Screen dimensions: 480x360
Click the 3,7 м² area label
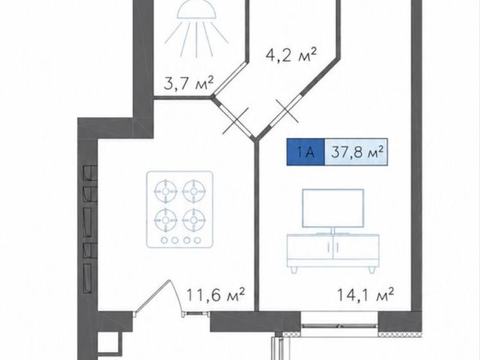pos(189,83)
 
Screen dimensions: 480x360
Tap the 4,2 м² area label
pos(291,55)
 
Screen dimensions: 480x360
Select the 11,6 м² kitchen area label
pos(215,295)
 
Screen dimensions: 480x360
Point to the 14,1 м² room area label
pos(365,295)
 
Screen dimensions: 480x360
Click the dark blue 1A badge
pos(305,153)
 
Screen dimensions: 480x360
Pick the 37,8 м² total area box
pos(356,153)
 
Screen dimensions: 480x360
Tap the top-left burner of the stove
pos(165,191)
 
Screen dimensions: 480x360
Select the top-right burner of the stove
pos(194,191)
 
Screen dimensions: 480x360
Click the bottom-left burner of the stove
pos(165,219)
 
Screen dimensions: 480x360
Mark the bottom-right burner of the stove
pos(194,219)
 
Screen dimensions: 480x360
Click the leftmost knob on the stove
pos(165,240)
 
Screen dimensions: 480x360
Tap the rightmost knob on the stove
pos(197,240)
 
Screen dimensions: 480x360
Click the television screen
pos(333,208)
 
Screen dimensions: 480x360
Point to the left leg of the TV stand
pos(295,270)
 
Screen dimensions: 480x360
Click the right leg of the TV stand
pos(372,270)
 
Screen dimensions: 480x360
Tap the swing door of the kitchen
pos(153,296)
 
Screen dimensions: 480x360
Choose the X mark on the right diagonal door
pos(287,111)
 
